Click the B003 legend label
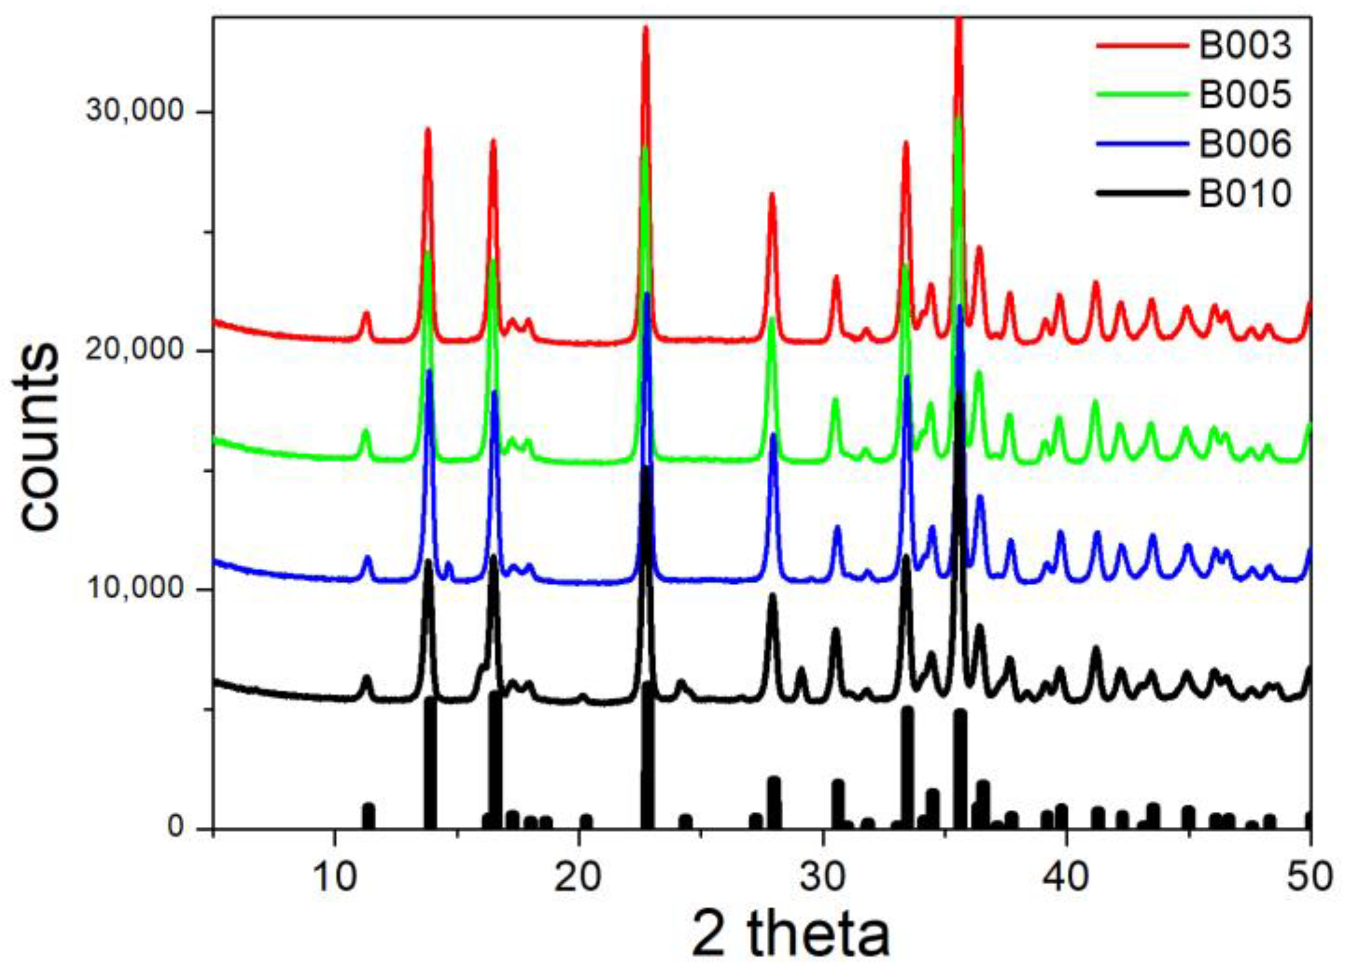coord(1244,45)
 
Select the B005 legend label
coord(1244,94)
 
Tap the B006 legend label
coord(1244,144)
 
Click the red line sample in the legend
coord(1142,45)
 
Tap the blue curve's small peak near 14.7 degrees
coord(449,563)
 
